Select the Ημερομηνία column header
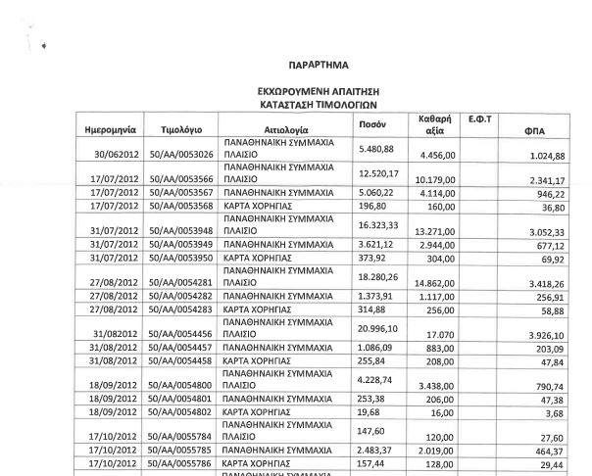click(x=103, y=129)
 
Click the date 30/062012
click(x=113, y=156)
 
